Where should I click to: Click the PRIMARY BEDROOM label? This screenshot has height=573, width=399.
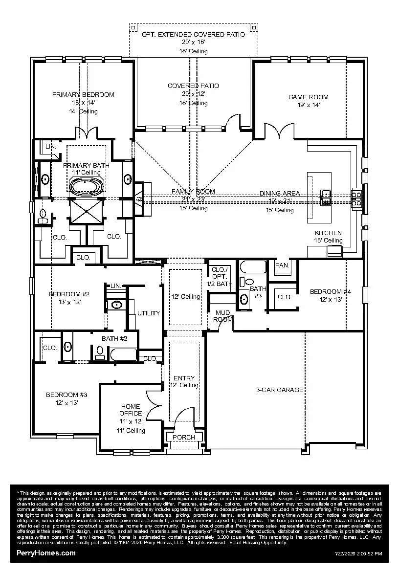click(x=83, y=94)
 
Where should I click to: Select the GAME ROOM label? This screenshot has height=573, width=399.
click(x=308, y=97)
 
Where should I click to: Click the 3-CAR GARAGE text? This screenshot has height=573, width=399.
click(x=280, y=390)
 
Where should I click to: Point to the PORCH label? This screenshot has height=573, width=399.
click(x=184, y=437)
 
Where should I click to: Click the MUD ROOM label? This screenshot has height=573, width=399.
click(x=222, y=316)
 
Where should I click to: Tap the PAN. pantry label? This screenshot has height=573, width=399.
click(x=282, y=265)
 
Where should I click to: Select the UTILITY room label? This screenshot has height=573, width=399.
click(x=149, y=313)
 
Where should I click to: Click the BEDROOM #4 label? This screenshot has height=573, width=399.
click(x=331, y=291)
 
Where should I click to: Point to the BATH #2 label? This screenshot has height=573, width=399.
click(x=114, y=338)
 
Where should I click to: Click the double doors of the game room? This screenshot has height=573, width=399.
click(x=278, y=130)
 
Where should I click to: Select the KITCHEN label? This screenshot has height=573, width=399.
click(x=328, y=233)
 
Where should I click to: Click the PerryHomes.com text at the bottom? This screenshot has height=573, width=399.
click(x=46, y=553)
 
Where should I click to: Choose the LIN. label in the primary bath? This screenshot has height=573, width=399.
click(x=50, y=147)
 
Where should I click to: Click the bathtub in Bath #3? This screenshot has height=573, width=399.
click(x=253, y=267)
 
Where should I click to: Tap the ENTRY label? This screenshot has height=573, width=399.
click(x=184, y=378)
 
